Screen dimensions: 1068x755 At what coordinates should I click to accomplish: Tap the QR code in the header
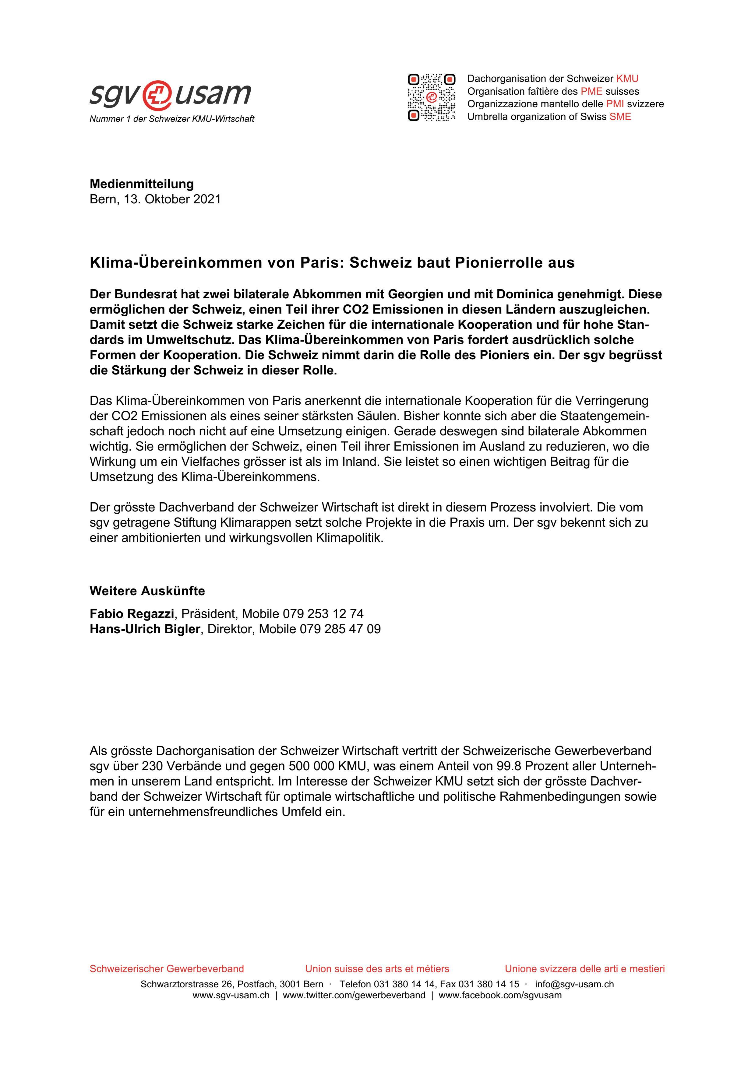coord(431,98)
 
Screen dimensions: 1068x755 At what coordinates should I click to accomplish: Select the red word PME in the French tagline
coord(591,91)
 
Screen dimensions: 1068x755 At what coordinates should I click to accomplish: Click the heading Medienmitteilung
coord(141,184)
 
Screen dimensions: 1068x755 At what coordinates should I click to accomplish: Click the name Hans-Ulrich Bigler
coord(145,629)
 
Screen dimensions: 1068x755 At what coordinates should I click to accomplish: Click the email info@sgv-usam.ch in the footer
coord(574,984)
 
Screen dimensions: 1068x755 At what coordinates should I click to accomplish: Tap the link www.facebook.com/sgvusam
coord(500,996)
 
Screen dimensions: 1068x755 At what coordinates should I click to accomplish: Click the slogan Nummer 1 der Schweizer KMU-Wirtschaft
coord(172,119)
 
